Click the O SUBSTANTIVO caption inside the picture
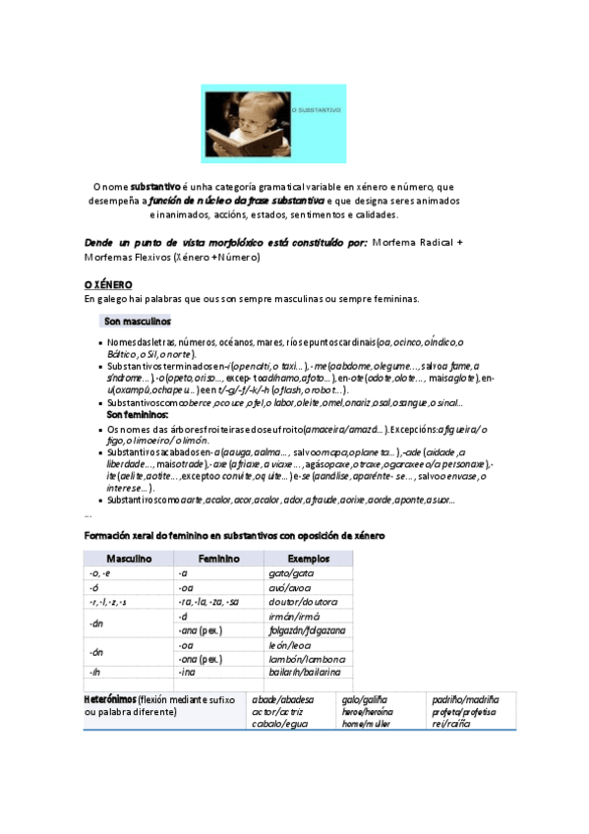[318, 111]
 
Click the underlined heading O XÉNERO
[108, 283]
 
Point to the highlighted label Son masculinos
[137, 322]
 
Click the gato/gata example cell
[291, 572]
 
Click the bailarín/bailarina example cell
[304, 672]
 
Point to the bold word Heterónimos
[110, 698]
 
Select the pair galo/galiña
[363, 698]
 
